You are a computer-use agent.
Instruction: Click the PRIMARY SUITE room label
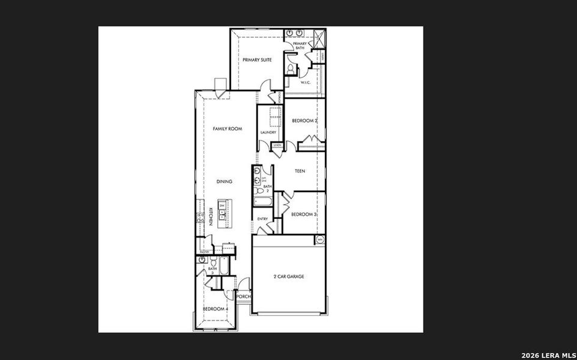[x=257, y=60]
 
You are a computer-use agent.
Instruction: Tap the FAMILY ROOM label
[x=228, y=129]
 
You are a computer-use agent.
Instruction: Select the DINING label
[x=225, y=181]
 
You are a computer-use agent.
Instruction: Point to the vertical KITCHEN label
[x=211, y=217]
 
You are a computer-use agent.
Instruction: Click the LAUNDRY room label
[x=268, y=133]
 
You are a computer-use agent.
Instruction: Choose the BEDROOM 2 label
[x=304, y=121]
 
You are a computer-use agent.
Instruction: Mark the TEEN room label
[x=300, y=171]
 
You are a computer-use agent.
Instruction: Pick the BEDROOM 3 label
[x=304, y=214]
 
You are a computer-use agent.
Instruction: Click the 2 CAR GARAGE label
[x=289, y=277]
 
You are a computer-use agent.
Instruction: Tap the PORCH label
[x=243, y=296]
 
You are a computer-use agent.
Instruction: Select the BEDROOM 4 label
[x=215, y=309]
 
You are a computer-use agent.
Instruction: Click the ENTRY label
[x=262, y=219]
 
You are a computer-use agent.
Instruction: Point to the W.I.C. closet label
[x=304, y=82]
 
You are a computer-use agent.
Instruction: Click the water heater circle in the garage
[x=320, y=240]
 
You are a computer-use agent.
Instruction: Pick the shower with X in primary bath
[x=318, y=38]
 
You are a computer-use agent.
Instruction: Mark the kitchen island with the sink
[x=223, y=212]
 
